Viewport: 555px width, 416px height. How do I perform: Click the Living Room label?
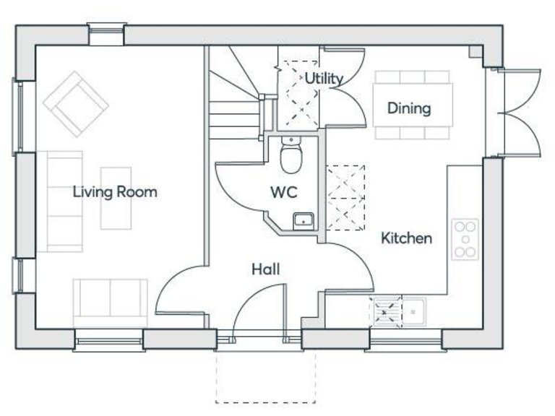(x=114, y=192)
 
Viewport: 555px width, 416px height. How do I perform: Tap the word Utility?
(x=323, y=78)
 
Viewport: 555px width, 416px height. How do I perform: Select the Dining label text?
(x=409, y=108)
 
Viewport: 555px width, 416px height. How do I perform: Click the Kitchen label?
(x=406, y=238)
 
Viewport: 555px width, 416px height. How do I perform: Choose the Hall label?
(x=265, y=269)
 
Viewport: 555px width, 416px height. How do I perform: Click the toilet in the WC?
(x=291, y=157)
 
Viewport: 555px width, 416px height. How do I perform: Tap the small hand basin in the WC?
(x=303, y=220)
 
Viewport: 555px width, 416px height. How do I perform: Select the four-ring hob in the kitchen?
(x=465, y=239)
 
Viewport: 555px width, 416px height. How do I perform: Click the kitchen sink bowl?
(x=413, y=312)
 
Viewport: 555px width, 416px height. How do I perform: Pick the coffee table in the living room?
(x=116, y=197)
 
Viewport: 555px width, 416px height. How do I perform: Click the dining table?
(x=413, y=105)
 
